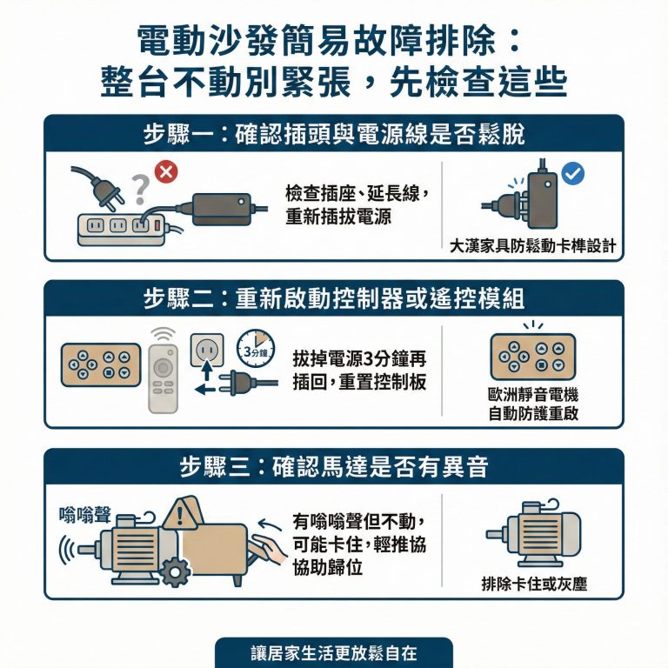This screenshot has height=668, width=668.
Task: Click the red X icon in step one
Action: coord(165,172)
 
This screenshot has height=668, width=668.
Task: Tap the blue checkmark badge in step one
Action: coord(573,174)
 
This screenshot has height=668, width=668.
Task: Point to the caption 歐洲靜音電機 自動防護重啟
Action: coord(533,404)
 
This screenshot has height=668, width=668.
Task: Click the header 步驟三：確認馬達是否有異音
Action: coord(334,466)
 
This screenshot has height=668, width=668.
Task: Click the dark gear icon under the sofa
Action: coord(176,572)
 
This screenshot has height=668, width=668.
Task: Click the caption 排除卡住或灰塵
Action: coord(533,584)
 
